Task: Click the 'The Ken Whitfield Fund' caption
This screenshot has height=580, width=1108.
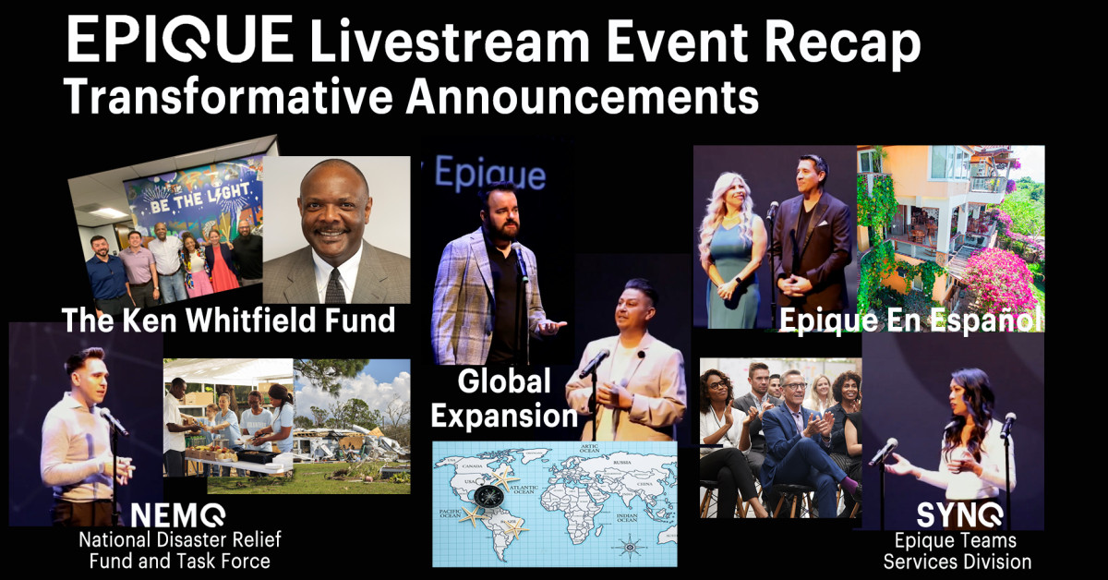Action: [x=228, y=320]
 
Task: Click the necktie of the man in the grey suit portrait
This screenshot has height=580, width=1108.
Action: [x=334, y=284]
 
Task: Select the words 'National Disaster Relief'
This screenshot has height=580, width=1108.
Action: [x=179, y=539]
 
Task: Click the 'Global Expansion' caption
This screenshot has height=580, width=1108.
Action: [x=504, y=397]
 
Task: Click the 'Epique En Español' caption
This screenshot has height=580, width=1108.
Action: [x=910, y=320]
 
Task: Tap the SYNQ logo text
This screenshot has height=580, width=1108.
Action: [x=957, y=514]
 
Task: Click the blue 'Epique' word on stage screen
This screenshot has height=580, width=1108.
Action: [x=489, y=175]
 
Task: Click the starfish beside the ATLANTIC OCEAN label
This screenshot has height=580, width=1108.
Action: [x=504, y=479]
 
